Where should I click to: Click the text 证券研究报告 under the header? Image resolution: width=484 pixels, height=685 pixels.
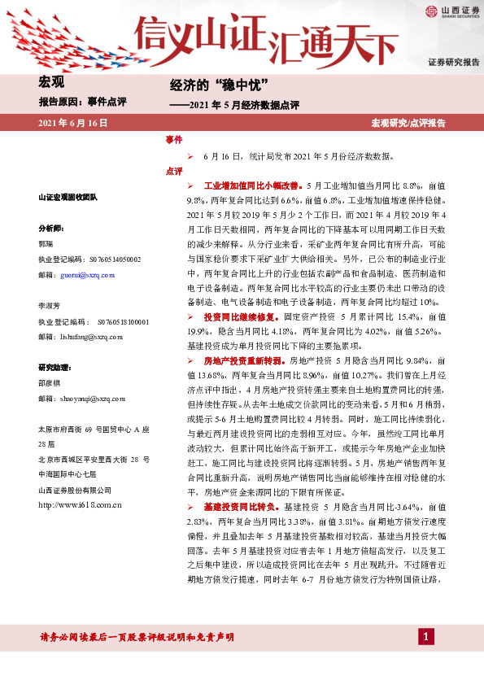pyautogui.click(x=454, y=63)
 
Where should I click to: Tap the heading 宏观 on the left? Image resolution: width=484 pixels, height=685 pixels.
pyautogui.click(x=51, y=81)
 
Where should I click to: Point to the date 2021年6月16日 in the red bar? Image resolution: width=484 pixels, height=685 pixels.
pyautogui.click(x=73, y=123)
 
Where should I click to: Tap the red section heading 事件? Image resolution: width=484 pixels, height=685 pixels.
pyautogui.click(x=174, y=140)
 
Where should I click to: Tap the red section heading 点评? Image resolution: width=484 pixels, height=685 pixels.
pyautogui.click(x=174, y=172)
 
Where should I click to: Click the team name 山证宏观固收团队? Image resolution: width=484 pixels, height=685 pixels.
pyautogui.click(x=68, y=198)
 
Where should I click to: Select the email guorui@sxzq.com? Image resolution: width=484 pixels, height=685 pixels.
pyautogui.click(x=88, y=276)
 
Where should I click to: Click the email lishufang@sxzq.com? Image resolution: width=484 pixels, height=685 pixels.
pyautogui.click(x=91, y=335)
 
